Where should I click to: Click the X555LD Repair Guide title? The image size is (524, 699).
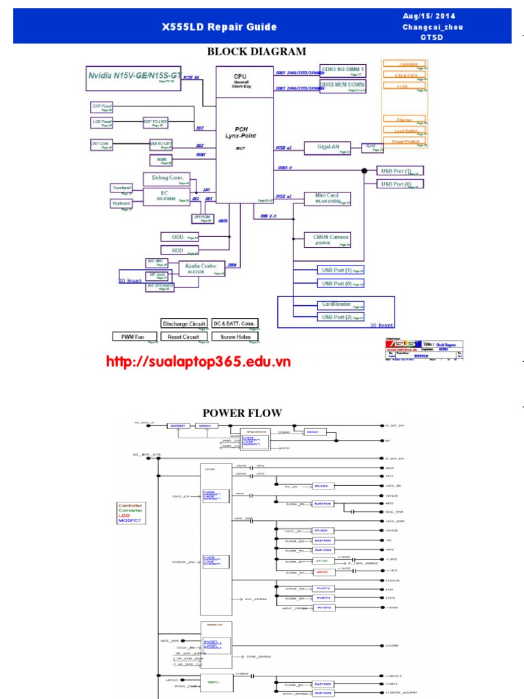[219, 27]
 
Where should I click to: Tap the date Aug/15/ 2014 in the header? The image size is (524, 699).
[430, 16]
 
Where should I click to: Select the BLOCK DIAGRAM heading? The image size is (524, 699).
[256, 52]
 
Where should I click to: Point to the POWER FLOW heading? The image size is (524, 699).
[242, 413]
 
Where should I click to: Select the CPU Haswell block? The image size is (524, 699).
[240, 80]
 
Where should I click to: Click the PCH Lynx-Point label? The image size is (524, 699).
[240, 132]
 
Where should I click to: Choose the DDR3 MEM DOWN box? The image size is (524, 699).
[343, 86]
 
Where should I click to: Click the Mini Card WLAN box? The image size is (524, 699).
[327, 198]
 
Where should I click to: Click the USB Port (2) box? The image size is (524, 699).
[338, 317]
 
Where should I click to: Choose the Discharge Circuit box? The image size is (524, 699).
[184, 324]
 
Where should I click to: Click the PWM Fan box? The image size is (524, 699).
[133, 337]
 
